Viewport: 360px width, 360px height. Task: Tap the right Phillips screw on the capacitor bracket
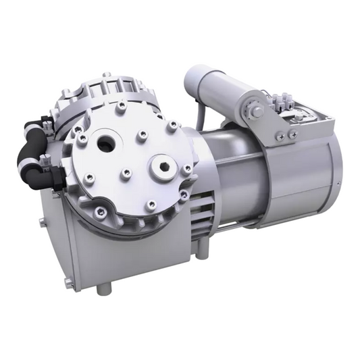292,135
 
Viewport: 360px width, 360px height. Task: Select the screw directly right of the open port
143,136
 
